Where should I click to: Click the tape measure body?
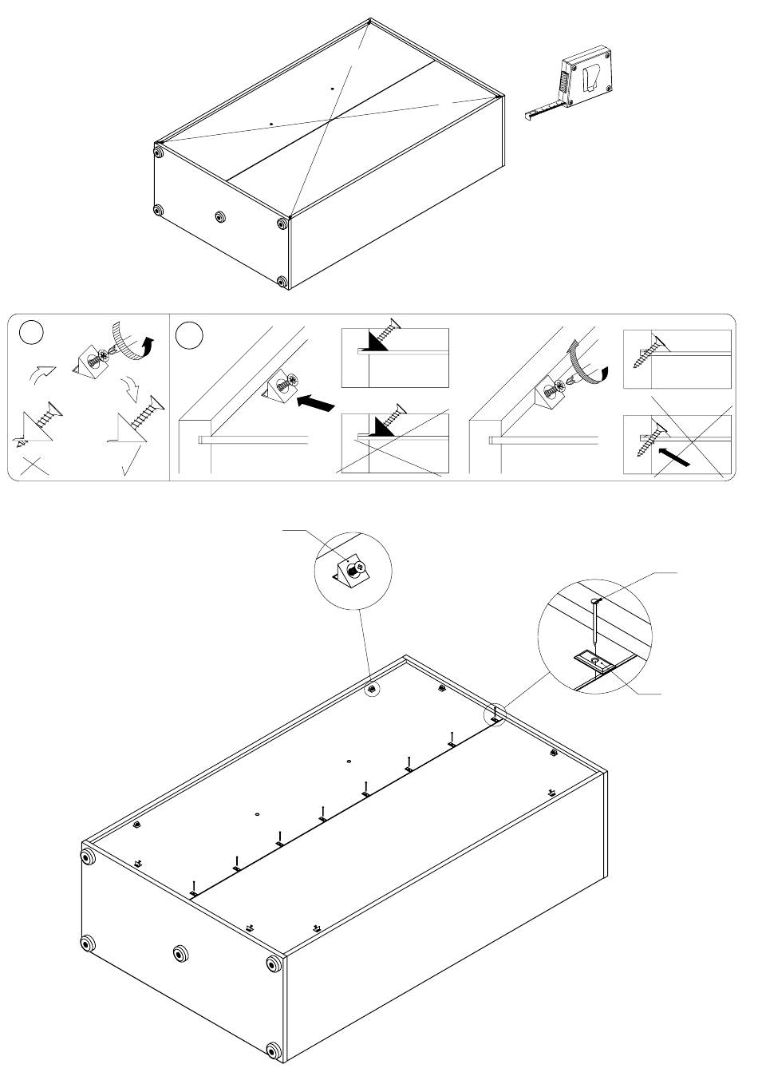tap(587, 77)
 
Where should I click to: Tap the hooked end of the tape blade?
tap(529, 116)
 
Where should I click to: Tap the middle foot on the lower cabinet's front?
tap(181, 953)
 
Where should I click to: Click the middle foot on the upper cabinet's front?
tap(220, 216)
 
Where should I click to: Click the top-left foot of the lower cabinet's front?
tap(86, 857)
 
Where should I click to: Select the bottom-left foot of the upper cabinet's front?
tap(157, 211)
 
